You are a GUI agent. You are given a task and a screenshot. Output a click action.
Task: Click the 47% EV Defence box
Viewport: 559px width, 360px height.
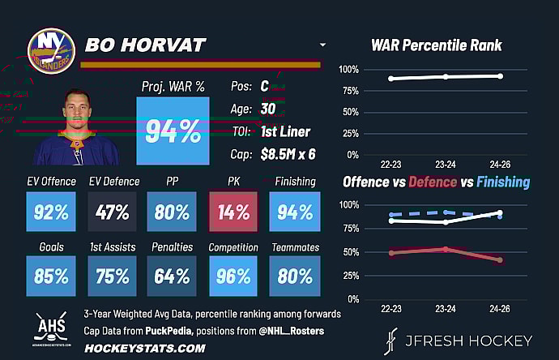click(x=113, y=212)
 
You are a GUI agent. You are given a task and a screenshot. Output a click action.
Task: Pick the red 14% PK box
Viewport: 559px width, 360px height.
click(x=233, y=212)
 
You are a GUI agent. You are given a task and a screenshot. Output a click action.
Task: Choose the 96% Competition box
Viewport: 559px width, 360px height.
click(x=233, y=276)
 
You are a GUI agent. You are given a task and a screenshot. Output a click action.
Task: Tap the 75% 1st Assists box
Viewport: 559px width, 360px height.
click(x=113, y=276)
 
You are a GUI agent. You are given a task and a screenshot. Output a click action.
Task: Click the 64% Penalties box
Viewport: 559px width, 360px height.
click(x=172, y=276)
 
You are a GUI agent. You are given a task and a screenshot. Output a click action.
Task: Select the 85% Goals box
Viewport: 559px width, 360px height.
click(x=50, y=276)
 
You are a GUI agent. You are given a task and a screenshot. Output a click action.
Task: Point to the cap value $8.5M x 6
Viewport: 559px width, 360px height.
click(x=289, y=153)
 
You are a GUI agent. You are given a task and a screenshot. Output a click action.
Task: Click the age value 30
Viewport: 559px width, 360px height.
click(x=267, y=109)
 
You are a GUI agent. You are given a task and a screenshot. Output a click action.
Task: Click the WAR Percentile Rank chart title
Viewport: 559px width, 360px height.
click(x=437, y=45)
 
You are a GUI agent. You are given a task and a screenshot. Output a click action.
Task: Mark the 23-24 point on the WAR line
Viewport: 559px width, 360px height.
click(x=446, y=76)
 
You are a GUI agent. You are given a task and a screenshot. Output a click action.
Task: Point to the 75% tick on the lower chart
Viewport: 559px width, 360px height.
click(x=348, y=228)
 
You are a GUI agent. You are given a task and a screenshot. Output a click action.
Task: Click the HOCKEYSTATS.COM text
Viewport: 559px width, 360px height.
click(x=144, y=347)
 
